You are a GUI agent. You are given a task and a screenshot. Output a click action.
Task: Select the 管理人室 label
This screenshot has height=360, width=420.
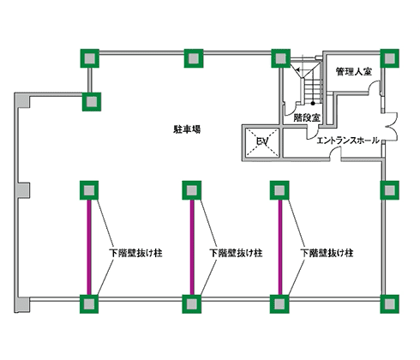click(354, 72)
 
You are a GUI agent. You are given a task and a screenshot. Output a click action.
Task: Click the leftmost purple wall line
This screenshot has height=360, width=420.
click(89, 245)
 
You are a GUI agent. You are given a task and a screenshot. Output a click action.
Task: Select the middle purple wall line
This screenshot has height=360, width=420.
click(190, 245)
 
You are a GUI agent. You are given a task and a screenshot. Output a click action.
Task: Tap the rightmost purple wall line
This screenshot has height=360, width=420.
click(279, 245)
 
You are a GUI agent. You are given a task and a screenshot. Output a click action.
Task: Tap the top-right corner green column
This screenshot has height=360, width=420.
click(391, 58)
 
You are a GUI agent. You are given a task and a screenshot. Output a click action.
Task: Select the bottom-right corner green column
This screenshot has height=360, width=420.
click(391, 303)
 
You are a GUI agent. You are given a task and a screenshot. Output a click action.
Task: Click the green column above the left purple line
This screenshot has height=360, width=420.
click(89, 189)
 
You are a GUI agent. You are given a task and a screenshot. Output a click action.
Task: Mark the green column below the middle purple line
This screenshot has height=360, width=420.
click(190, 303)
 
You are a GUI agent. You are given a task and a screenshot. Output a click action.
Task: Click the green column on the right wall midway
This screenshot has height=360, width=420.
click(391, 189)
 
